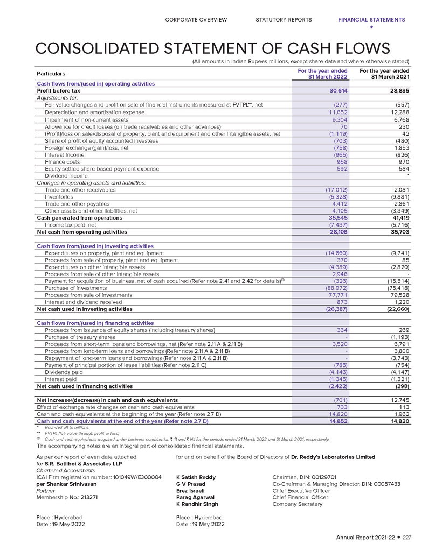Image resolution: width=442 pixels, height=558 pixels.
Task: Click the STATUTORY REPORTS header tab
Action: [x=284, y=20]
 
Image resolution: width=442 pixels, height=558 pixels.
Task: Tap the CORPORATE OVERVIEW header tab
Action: [x=196, y=20]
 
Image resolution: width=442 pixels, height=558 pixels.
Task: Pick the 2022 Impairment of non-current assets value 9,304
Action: [x=339, y=119]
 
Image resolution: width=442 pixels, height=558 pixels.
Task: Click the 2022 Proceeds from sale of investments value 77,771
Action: [x=337, y=295]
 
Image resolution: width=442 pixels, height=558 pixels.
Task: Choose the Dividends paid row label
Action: [x=63, y=372]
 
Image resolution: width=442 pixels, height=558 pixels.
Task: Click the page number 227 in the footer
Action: [x=407, y=537]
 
